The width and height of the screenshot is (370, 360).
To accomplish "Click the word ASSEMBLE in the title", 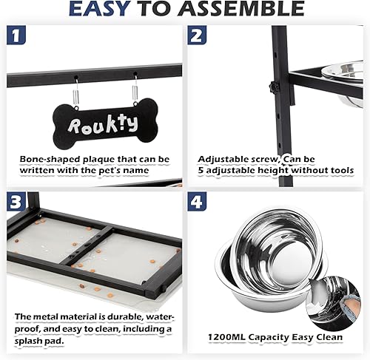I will click(249, 10).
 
